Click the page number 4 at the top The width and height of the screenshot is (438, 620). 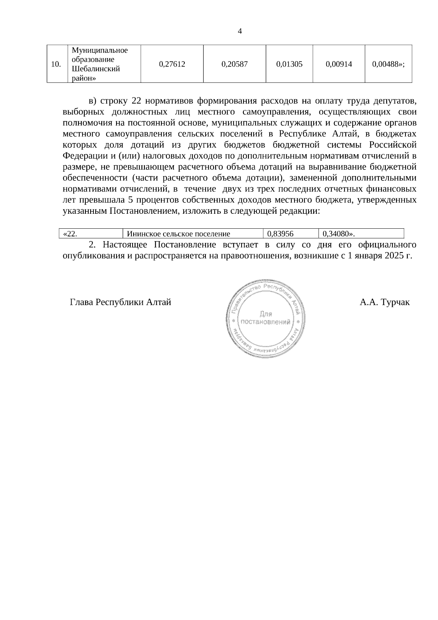(x=240, y=31)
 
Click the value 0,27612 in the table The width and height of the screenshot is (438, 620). (x=172, y=64)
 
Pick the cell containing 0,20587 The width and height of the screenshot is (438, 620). (x=234, y=64)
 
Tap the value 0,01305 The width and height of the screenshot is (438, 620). (x=289, y=64)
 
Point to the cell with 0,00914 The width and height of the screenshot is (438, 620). (x=338, y=64)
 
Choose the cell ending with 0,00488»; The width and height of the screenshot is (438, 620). (x=388, y=64)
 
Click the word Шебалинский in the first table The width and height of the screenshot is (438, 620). (x=96, y=69)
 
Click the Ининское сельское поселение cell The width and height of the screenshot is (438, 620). (x=178, y=234)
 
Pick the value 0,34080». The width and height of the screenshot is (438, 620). (x=339, y=234)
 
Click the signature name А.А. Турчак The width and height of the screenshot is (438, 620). (x=384, y=303)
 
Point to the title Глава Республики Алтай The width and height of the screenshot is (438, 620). (x=120, y=303)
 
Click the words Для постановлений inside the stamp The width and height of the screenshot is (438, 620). (x=266, y=318)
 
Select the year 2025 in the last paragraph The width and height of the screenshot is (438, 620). (x=393, y=256)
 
